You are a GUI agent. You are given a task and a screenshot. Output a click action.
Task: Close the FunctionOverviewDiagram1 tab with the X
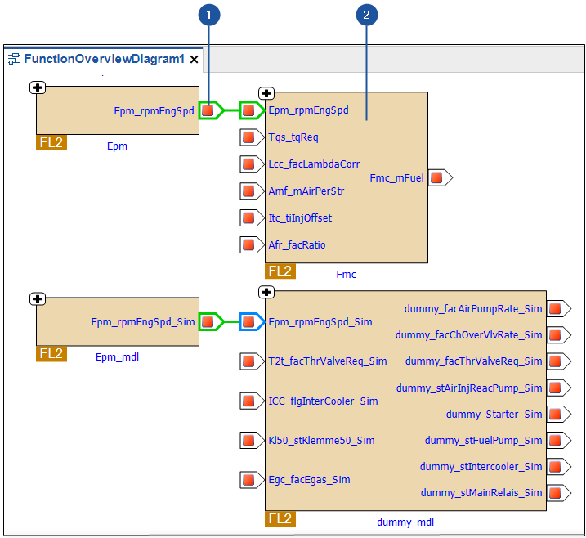[x=195, y=60]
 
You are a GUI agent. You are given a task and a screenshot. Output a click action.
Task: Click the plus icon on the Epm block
[x=38, y=87]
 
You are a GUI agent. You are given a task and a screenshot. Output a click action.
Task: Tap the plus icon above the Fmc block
[x=266, y=93]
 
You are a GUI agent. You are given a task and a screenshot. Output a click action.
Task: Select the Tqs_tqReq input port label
[x=293, y=137]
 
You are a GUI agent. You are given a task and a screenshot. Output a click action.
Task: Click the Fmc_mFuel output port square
[x=437, y=177]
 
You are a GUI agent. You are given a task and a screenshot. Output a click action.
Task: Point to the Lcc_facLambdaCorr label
[x=314, y=164]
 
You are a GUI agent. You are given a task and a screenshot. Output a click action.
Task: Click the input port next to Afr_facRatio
[x=248, y=244]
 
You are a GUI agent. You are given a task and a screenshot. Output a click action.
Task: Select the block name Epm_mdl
[x=117, y=356]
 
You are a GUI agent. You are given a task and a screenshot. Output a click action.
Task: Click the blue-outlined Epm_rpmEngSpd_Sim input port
[x=248, y=321]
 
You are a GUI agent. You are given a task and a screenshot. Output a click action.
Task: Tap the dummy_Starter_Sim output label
[x=494, y=415]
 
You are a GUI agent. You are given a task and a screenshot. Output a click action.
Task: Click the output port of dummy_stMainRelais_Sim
[x=556, y=493]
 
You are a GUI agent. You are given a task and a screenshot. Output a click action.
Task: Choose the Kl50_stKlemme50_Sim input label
[x=321, y=441]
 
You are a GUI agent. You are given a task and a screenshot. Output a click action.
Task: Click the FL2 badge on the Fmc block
[x=280, y=271]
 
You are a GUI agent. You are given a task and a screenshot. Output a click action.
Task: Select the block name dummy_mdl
[x=405, y=522]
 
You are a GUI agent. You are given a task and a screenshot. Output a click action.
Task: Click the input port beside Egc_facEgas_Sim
[x=248, y=479]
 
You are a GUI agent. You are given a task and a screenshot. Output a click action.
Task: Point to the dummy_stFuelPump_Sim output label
[x=483, y=441]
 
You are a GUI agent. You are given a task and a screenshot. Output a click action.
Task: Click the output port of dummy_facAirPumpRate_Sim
[x=556, y=308]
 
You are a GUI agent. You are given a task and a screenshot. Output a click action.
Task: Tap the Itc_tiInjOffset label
[x=300, y=217]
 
